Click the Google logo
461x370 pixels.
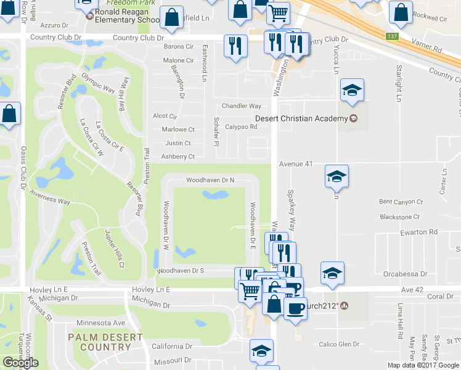20,363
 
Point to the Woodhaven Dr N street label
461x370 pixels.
211,180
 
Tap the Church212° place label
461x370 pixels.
324,305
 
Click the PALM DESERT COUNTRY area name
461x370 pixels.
105,342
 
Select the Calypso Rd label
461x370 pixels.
240,127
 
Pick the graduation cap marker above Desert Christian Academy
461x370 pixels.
352,90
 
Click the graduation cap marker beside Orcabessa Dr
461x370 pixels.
332,273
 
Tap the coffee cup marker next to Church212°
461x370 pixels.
296,307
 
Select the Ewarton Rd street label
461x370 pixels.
417,232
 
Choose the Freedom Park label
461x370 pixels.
136,2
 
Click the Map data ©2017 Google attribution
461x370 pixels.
423,365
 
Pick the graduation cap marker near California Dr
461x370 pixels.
261,351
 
